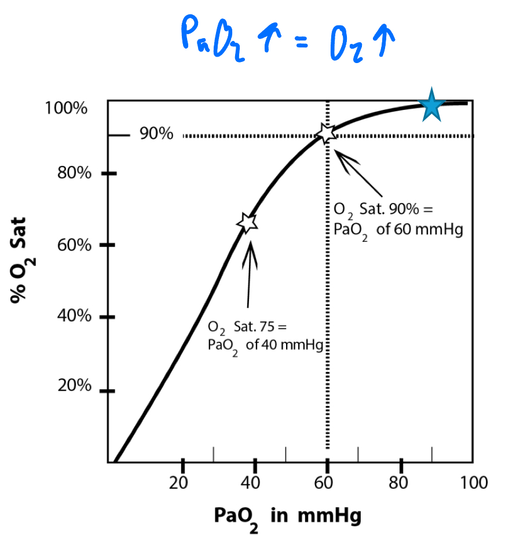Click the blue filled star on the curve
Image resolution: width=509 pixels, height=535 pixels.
click(431, 105)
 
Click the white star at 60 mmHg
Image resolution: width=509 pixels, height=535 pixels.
click(327, 133)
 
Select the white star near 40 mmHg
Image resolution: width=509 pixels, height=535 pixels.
click(248, 222)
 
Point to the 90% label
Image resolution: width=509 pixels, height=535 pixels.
click(156, 135)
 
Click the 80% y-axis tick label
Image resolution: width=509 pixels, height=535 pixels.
click(74, 173)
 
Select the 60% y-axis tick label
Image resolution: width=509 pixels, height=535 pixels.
click(74, 245)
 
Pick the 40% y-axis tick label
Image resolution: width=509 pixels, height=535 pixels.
click(74, 316)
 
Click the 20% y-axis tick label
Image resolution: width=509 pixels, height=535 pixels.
click(74, 386)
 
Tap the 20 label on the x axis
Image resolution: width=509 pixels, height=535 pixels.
click(182, 482)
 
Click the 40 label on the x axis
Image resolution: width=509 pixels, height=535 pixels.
click(254, 482)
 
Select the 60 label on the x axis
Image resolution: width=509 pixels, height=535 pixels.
click(327, 482)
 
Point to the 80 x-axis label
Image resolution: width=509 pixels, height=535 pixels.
click(400, 482)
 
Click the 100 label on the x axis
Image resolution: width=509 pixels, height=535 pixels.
click(470, 482)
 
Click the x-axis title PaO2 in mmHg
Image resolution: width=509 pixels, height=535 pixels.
click(287, 516)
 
